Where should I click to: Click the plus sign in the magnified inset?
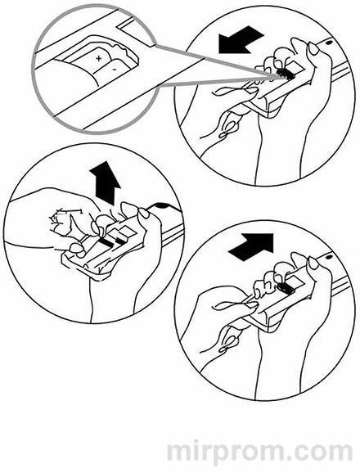98,58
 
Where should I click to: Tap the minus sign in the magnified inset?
115,70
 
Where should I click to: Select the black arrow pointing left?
241,40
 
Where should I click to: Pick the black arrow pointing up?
106,182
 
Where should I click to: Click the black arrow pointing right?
251,247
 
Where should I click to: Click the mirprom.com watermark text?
260,451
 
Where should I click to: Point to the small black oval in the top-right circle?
329,43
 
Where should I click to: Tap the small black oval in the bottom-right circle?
328,258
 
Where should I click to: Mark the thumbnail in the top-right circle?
313,48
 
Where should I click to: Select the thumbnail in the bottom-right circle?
313,264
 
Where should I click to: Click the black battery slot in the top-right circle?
286,74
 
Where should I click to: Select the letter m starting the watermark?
180,452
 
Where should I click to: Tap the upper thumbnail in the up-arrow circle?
144,214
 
